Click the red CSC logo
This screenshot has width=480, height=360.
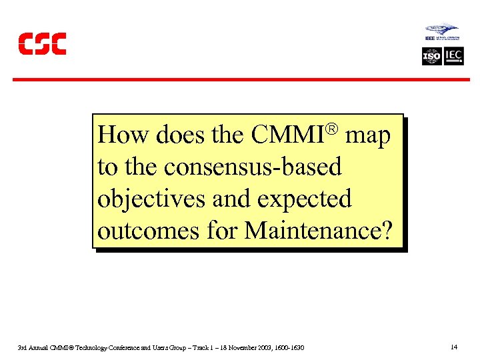pyautogui.click(x=42, y=44)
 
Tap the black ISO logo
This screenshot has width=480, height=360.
pyautogui.click(x=432, y=57)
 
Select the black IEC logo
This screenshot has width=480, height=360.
pyautogui.click(x=454, y=57)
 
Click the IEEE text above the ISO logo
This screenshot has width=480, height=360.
pyautogui.click(x=430, y=39)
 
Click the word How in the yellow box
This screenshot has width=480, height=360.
pyautogui.click(x=124, y=135)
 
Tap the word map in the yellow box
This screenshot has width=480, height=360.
pyautogui.click(x=367, y=135)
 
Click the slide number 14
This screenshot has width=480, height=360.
pyautogui.click(x=454, y=347)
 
